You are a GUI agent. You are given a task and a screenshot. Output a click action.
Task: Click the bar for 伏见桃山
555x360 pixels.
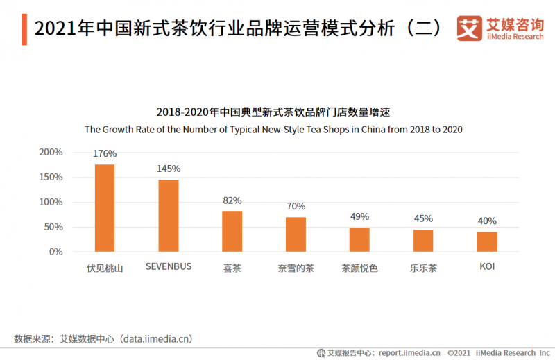pyautogui.click(x=105, y=208)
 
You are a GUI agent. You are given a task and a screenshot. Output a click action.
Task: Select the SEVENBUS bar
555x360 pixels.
pyautogui.click(x=169, y=216)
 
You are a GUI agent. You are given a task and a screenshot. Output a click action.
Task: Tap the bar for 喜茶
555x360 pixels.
pyautogui.click(x=232, y=231)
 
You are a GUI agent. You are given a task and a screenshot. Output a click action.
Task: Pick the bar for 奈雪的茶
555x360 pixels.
pyautogui.click(x=296, y=234)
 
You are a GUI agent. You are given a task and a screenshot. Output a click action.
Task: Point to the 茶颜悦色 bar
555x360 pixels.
pyautogui.click(x=359, y=239)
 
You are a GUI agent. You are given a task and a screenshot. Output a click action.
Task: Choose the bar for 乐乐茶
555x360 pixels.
pyautogui.click(x=423, y=241)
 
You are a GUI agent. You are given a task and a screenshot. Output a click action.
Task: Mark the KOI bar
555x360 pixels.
pyautogui.click(x=487, y=241)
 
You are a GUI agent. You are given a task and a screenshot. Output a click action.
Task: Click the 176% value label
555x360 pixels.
pyautogui.click(x=105, y=153)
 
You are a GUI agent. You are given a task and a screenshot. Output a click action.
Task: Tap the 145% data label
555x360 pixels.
pyautogui.click(x=169, y=169)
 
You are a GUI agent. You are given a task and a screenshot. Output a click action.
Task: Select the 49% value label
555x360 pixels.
pyautogui.click(x=359, y=216)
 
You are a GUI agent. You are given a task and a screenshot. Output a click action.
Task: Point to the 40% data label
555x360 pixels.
pyautogui.click(x=487, y=221)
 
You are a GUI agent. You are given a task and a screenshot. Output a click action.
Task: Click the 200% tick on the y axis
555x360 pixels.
pyautogui.click(x=51, y=152)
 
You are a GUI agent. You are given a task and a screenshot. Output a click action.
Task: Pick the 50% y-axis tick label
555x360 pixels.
pyautogui.click(x=53, y=227)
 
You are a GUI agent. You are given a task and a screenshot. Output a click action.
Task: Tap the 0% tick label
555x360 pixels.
pyautogui.click(x=56, y=252)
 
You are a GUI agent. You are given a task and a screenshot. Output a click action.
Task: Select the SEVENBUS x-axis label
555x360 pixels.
pyautogui.click(x=169, y=266)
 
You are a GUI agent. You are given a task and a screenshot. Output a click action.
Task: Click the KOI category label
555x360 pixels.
pyautogui.click(x=487, y=266)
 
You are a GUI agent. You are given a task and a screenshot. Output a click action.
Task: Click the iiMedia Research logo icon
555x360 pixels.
pyautogui.click(x=469, y=28)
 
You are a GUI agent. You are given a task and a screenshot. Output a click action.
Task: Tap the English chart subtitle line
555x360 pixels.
pyautogui.click(x=273, y=129)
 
